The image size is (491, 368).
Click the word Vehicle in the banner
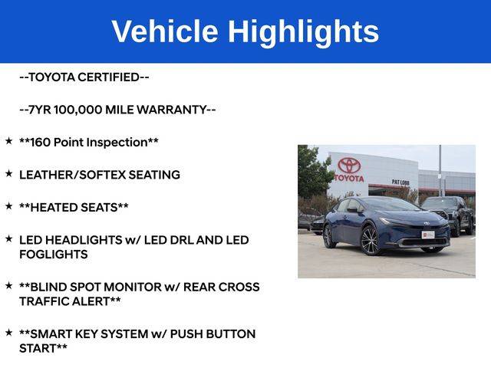pyautogui.click(x=165, y=31)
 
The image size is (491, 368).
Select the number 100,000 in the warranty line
pyautogui.click(x=78, y=110)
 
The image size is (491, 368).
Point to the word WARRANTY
pyautogui.click(x=172, y=110)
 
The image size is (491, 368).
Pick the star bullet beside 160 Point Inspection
pyautogui.click(x=8, y=141)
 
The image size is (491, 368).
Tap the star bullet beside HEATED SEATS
pyautogui.click(x=8, y=206)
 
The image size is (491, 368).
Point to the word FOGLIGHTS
pyautogui.click(x=54, y=255)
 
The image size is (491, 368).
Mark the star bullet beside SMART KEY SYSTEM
pyautogui.click(x=8, y=332)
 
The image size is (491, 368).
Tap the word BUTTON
pyautogui.click(x=231, y=334)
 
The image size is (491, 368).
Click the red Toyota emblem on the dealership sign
pyautogui.click(x=349, y=165)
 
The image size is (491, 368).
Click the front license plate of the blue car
pyautogui.click(x=428, y=235)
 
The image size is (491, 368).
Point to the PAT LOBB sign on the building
pyautogui.click(x=400, y=182)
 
